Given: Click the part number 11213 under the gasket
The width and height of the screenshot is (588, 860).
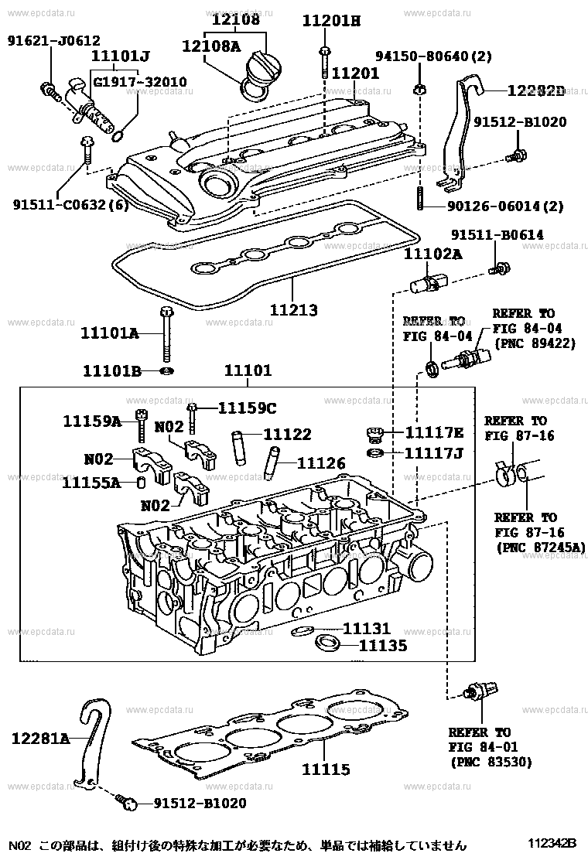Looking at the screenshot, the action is tap(293, 310).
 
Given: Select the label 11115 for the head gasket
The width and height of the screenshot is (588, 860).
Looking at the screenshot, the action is tap(326, 769).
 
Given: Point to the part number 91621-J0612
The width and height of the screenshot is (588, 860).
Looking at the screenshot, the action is tap(53, 40).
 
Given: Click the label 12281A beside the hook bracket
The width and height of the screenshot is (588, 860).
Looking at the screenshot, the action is tap(40, 739).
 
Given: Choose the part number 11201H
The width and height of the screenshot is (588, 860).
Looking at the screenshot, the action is tap(331, 21).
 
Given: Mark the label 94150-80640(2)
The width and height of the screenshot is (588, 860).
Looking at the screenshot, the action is tap(433, 56).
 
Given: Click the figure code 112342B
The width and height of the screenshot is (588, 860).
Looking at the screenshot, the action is tap(552, 843).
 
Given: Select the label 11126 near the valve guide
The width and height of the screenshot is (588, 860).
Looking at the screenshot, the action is tap(321, 463).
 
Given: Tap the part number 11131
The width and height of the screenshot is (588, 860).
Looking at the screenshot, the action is tap(367, 629).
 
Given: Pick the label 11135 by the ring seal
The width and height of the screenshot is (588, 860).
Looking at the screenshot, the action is tap(383, 646).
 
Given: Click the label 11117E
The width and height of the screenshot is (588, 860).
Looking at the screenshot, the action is tap(434, 433).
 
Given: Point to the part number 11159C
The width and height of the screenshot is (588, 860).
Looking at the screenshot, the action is tap(248, 408).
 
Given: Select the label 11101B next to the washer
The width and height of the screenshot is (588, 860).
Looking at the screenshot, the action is tap(112, 371).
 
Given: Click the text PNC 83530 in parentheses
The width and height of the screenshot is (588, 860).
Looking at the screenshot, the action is tap(491, 762).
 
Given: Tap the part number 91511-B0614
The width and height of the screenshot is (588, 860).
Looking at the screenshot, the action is tap(497, 235).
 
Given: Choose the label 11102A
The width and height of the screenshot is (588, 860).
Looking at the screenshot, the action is tap(433, 254).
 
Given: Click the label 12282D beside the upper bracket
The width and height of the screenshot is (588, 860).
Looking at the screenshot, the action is tap(536, 90).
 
